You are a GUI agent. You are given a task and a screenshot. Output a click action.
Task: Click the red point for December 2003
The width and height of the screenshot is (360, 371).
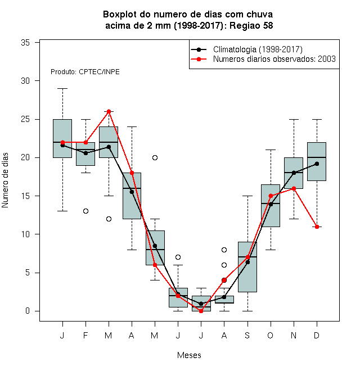pos(317,227)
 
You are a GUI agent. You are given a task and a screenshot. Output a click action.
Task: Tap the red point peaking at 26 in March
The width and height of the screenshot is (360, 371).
pos(109,111)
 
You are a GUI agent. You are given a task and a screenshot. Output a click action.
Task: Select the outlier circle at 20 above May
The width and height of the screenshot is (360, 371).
pos(155,157)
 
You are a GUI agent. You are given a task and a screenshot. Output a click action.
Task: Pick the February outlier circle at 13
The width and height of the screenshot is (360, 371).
pos(85,211)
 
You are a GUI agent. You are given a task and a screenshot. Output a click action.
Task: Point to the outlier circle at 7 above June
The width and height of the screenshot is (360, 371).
pos(178,257)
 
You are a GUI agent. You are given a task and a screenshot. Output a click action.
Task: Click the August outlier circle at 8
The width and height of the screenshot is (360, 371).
pos(224,250)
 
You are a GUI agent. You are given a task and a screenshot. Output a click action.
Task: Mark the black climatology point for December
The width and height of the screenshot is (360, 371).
pos(317,164)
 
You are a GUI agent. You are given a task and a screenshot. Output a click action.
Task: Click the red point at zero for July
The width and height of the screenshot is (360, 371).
pos(201,311)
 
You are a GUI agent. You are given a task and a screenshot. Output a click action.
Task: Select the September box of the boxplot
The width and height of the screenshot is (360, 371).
pos(247,267)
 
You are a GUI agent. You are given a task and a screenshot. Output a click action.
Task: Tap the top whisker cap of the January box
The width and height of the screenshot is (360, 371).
pos(62,88)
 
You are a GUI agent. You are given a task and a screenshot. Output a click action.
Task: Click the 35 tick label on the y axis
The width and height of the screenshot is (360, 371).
pos(25,43)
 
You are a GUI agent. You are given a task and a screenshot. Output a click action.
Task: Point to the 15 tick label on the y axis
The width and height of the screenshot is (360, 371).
pos(25,196)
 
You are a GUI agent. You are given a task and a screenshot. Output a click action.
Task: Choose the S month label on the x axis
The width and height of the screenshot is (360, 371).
pos(247,335)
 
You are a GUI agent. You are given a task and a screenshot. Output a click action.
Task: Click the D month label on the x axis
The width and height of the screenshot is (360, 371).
pos(317,335)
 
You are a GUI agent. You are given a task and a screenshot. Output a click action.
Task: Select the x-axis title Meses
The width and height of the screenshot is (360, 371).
pos(189,355)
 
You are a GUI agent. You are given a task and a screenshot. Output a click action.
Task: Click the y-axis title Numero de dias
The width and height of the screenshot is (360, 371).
pos(5,180)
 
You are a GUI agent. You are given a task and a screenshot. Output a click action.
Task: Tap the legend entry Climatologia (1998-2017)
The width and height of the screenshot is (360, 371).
pos(258,49)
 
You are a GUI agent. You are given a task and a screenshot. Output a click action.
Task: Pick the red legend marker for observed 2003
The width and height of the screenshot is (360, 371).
pos(199,59)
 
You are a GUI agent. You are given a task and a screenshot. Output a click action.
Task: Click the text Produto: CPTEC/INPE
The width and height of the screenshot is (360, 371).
pos(85,72)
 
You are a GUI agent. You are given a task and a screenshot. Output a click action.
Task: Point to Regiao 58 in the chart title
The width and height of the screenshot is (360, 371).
pos(251,25)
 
